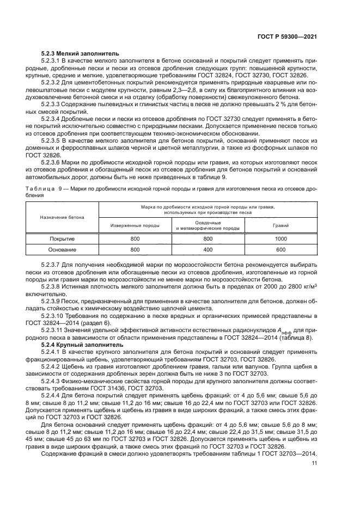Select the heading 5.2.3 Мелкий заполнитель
[x=76, y=54]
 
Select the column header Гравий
[x=281, y=225]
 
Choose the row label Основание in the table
[x=62, y=250]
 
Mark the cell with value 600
[x=281, y=250]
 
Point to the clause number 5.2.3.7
[x=52, y=265]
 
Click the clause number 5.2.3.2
[x=52, y=81]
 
